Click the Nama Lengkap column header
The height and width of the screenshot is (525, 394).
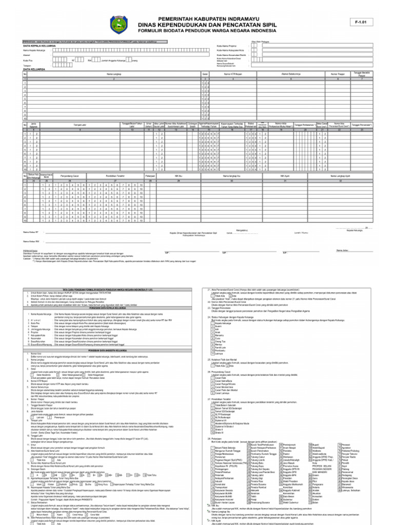point(113,74)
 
